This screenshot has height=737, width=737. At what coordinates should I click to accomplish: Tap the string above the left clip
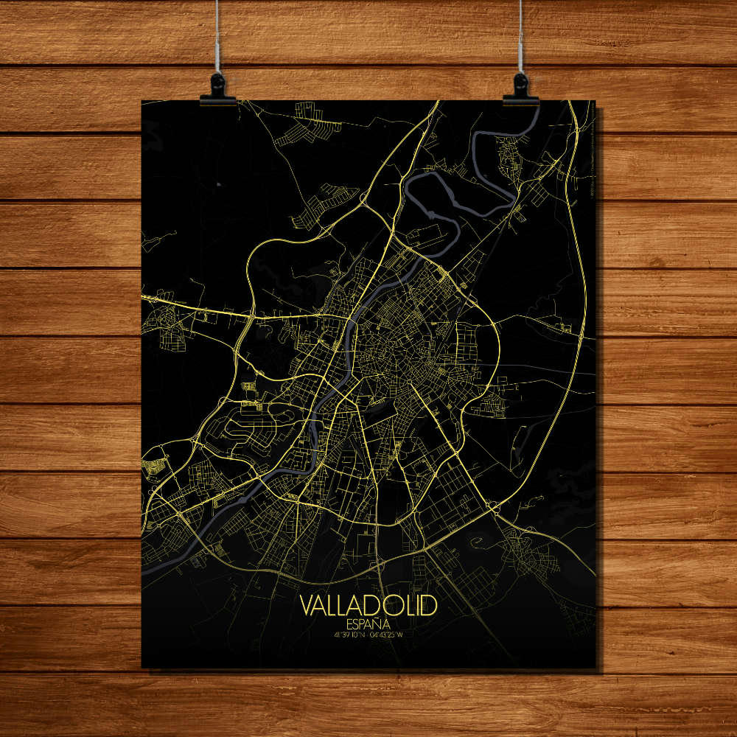[217, 37]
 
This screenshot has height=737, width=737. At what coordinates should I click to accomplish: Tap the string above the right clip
[520, 37]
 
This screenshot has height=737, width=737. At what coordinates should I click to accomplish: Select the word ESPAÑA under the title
[368, 623]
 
